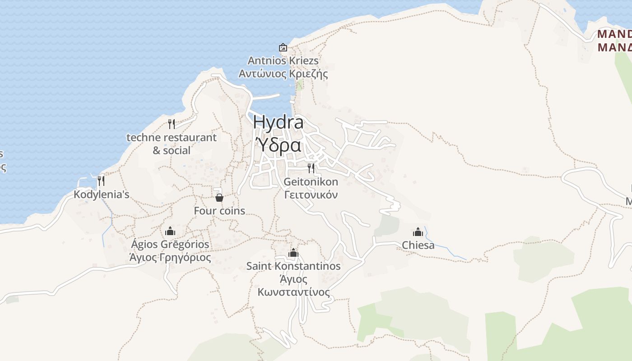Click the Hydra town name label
[278, 122]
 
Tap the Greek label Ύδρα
[279, 145]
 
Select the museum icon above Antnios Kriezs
[283, 47]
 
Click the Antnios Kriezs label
[283, 60]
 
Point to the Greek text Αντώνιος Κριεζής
[283, 74]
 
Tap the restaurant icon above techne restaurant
[172, 124]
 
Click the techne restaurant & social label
[172, 143]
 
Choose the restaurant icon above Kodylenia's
[101, 181]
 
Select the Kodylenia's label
[102, 194]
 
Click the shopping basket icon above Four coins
[219, 197]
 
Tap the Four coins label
[219, 211]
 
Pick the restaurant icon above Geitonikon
[311, 168]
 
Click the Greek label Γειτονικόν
[311, 195]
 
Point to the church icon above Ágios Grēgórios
[170, 231]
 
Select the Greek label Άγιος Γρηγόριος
[170, 258]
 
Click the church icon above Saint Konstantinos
[293, 253]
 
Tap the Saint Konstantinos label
[293, 266]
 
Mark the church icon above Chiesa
[418, 232]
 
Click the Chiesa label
[418, 245]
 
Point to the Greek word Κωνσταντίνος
[293, 292]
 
